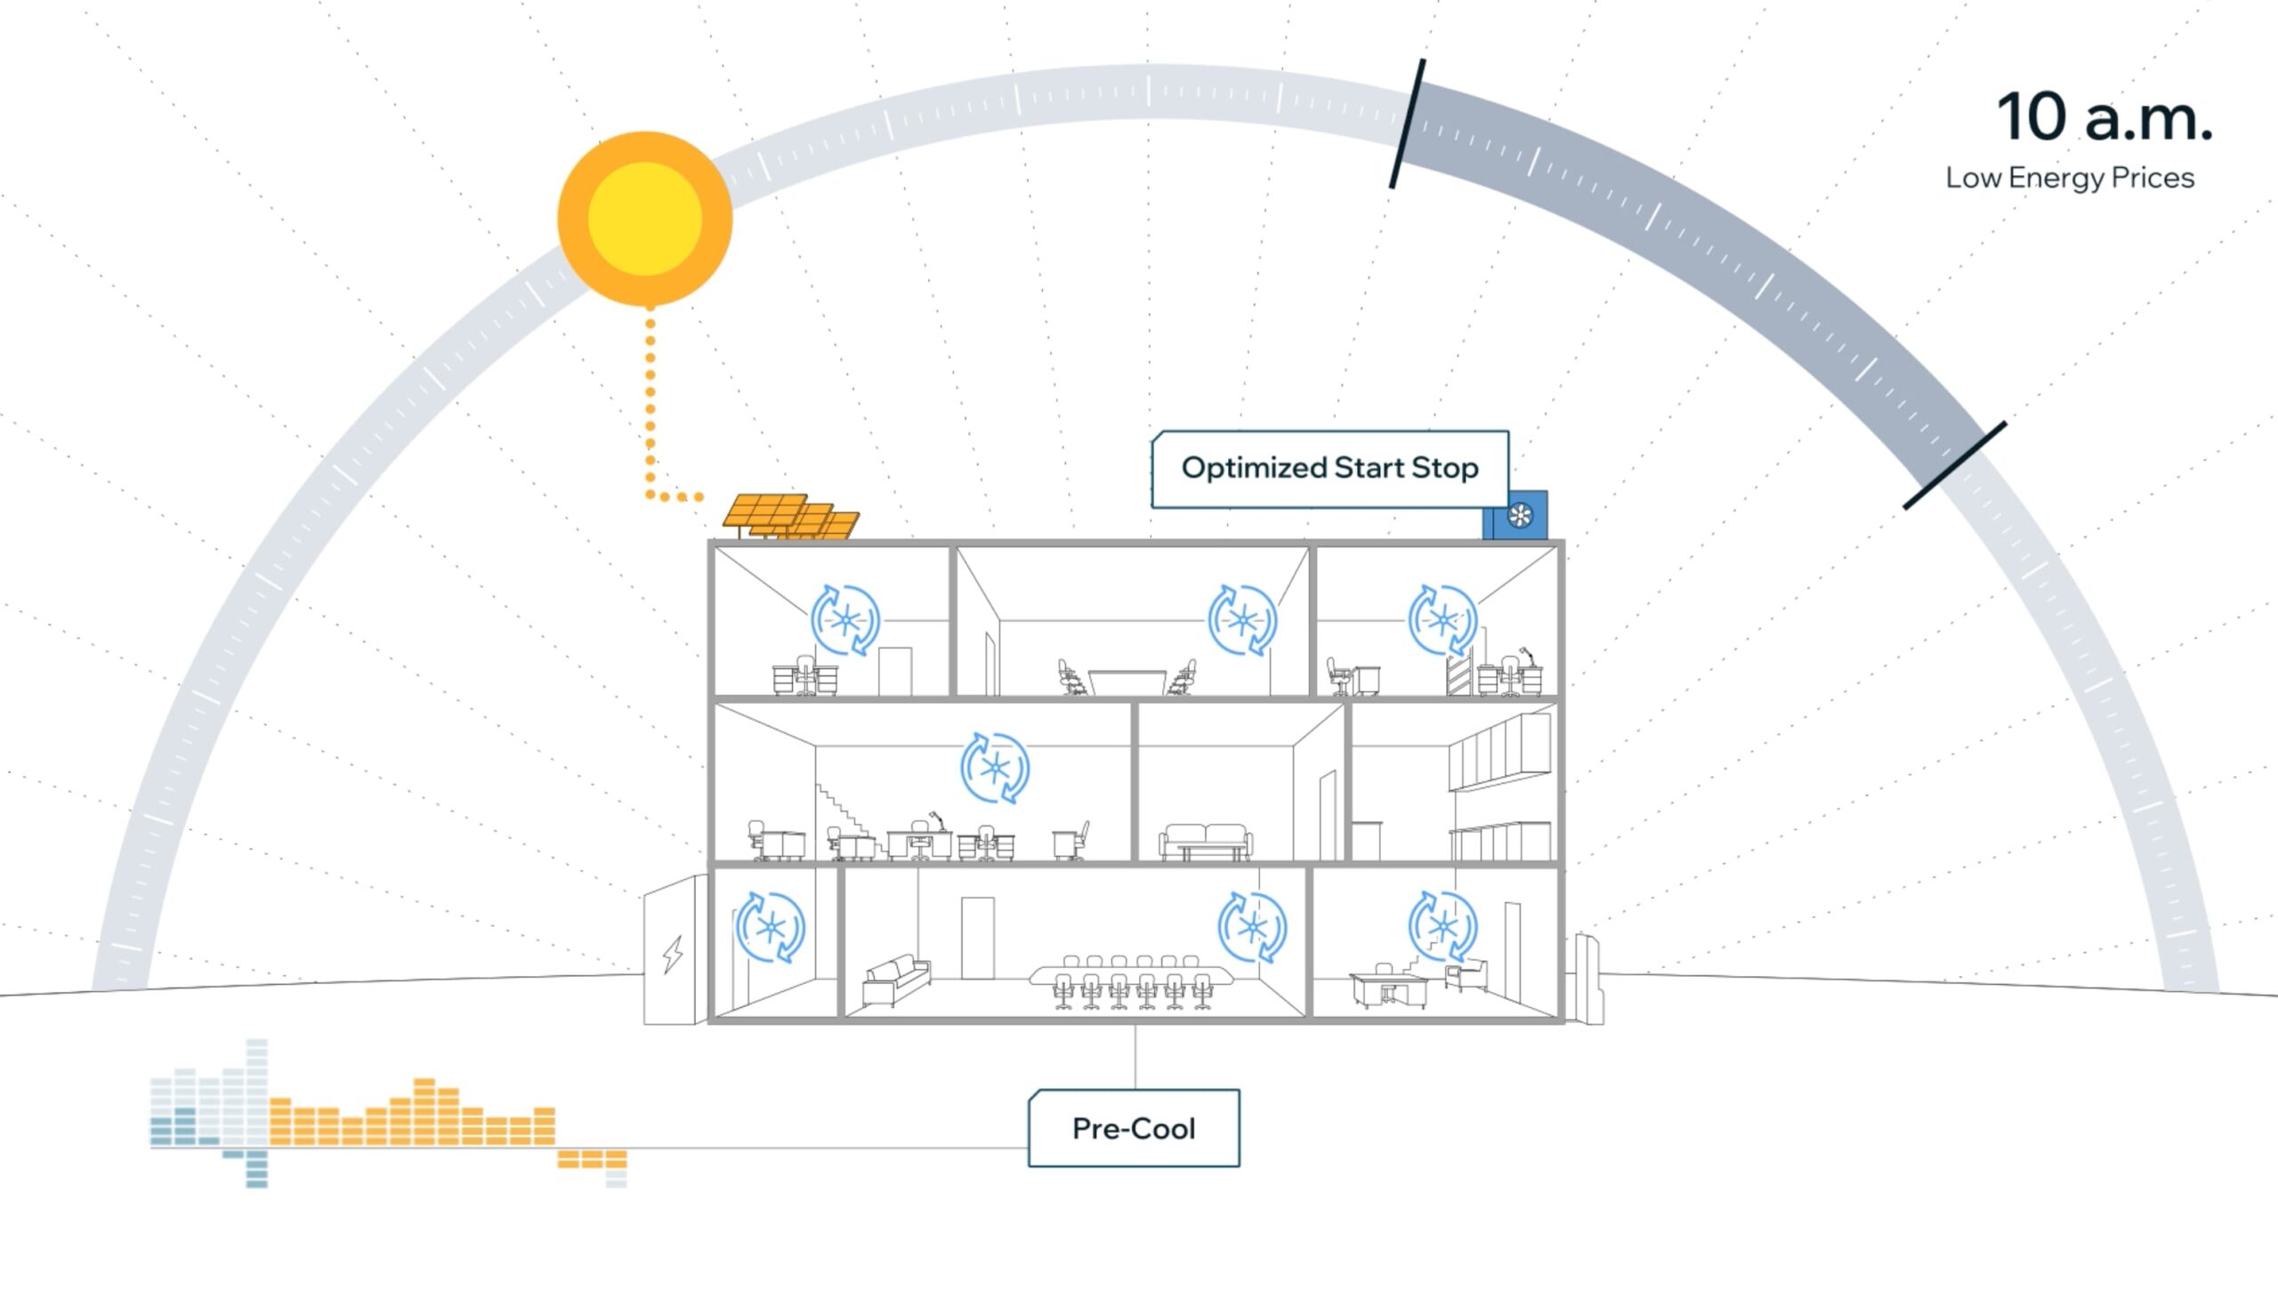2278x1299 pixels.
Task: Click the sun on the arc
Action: (645, 219)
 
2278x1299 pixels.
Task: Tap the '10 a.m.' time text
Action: (2104, 117)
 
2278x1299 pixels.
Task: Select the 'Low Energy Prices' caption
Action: (2069, 178)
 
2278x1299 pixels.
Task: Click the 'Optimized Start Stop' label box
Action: (1329, 468)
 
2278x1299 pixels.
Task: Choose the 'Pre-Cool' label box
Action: (1133, 1128)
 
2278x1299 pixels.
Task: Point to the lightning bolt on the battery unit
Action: (673, 955)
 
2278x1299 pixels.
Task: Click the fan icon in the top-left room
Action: (845, 620)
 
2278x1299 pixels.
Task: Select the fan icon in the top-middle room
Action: (1242, 620)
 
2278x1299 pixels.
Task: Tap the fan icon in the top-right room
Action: (1442, 620)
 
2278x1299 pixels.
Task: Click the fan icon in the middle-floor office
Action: (995, 767)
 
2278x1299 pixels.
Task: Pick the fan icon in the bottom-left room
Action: (770, 928)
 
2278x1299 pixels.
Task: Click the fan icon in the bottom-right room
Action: (1442, 926)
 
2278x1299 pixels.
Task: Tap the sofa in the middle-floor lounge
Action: (1205, 841)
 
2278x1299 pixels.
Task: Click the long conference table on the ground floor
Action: (1131, 974)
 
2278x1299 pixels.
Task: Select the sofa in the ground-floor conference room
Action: (896, 978)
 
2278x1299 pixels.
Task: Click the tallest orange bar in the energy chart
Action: (424, 1111)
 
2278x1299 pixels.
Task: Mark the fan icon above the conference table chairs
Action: (1252, 928)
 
